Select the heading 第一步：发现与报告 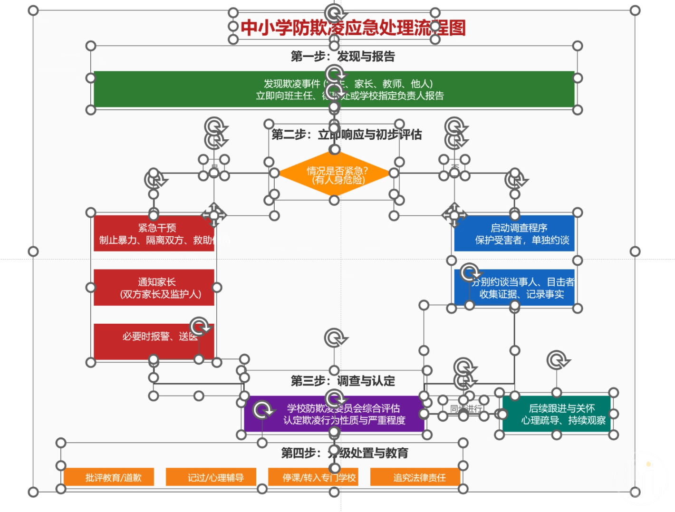(x=343, y=57)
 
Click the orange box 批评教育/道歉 (x=109, y=477)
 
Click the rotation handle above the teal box (x=557, y=360)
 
